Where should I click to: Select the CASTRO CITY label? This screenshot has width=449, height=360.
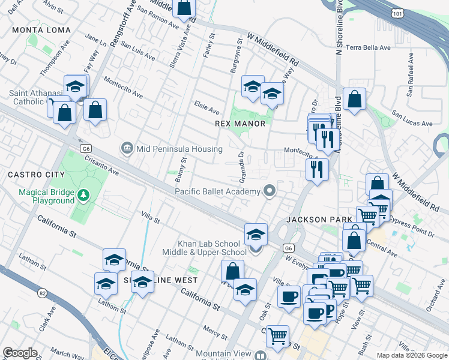[35, 174]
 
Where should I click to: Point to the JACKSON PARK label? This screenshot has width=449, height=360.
[319, 220]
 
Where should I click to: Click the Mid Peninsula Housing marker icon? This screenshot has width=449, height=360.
[127, 147]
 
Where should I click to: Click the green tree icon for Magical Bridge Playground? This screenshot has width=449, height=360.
[83, 195]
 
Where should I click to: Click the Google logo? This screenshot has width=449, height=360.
[20, 353]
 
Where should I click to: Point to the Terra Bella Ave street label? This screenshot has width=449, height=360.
[368, 47]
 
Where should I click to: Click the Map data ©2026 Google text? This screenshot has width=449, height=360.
[412, 355]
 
